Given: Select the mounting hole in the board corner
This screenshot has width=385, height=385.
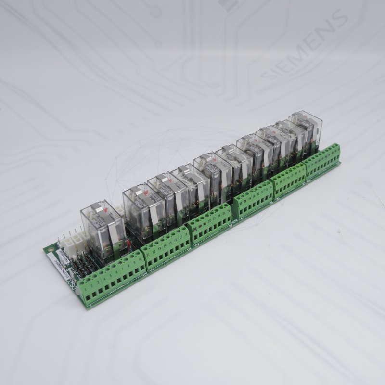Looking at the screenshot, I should tap(51, 250).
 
